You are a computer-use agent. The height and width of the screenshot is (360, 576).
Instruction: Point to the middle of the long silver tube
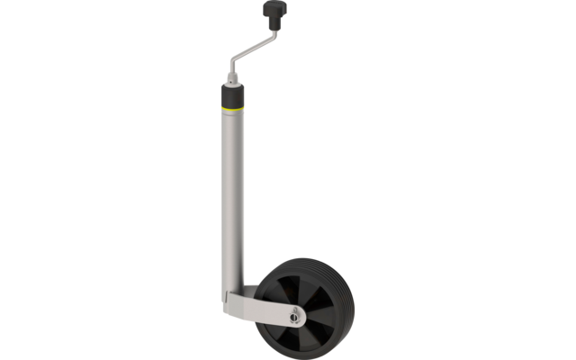(231, 198)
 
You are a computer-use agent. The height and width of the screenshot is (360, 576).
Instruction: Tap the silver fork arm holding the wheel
(261, 310)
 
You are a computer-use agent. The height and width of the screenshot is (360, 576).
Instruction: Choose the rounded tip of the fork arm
(301, 316)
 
